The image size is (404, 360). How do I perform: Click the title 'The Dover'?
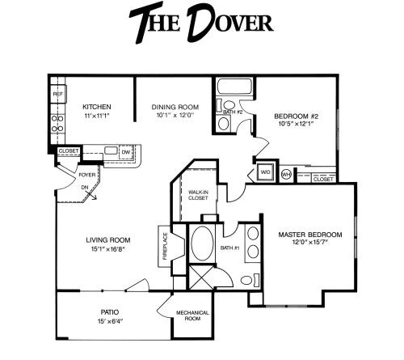201,23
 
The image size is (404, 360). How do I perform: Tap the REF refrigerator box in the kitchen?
58,94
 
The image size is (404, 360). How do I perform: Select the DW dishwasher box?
126,152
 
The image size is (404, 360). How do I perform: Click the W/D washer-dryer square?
266,172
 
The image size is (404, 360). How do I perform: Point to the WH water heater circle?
286,174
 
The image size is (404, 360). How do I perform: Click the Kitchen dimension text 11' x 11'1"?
97,116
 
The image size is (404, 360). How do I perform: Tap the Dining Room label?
175,107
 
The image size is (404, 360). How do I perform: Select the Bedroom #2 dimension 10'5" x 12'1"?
296,124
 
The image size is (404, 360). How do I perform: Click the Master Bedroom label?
310,235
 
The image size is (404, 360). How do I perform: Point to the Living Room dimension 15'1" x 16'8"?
108,249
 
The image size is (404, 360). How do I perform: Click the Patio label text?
110,312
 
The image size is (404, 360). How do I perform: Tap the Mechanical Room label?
192,316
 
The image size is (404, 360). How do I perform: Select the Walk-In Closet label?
198,195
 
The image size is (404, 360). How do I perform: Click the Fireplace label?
165,246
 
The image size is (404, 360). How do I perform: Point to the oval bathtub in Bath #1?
203,244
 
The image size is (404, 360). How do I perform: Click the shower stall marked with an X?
202,277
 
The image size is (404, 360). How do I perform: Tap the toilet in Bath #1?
250,280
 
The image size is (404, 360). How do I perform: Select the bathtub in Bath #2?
234,87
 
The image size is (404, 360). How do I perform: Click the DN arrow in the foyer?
91,195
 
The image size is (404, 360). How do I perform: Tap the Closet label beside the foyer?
69,151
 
